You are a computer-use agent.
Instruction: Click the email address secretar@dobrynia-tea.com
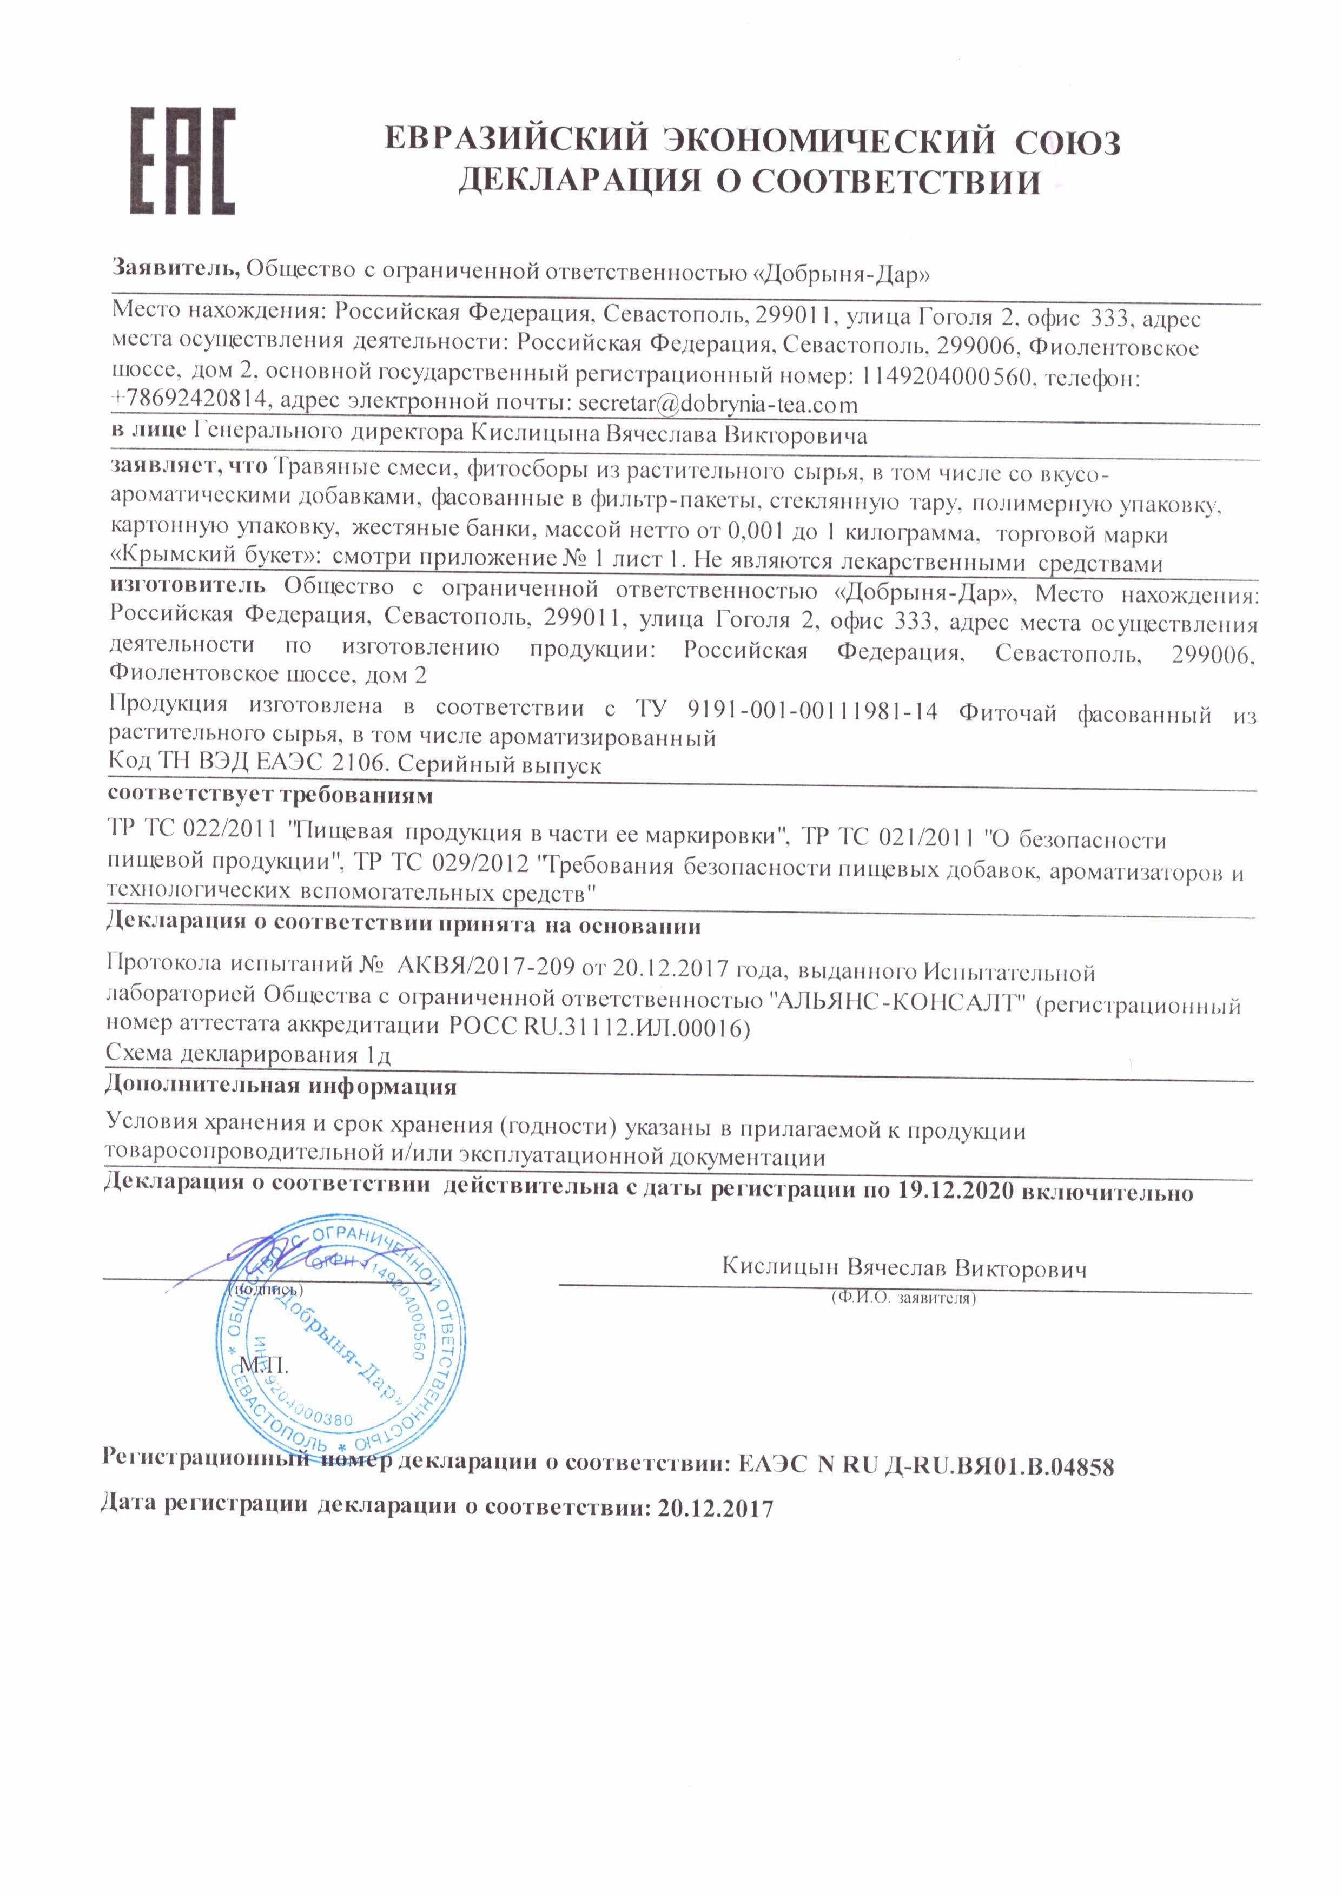click(x=717, y=405)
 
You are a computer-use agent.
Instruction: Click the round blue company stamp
click(x=338, y=1344)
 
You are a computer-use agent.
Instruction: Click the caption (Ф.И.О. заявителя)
click(x=904, y=1298)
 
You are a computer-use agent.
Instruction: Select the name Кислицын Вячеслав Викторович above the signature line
click(x=904, y=1268)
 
